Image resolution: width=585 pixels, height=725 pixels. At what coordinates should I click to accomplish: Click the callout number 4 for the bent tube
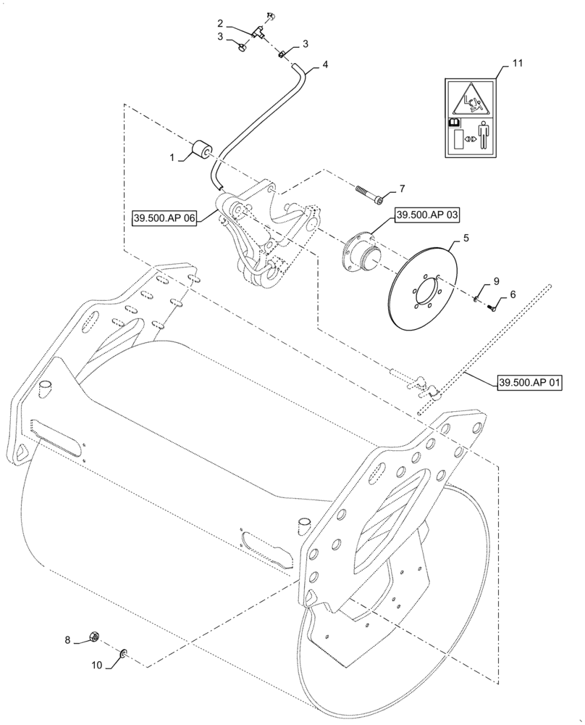[325, 65]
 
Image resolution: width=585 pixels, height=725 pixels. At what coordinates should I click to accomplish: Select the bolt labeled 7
[369, 194]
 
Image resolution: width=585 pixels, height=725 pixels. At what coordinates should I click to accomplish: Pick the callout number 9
[496, 281]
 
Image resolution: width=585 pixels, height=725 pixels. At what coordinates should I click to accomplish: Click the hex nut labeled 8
[93, 637]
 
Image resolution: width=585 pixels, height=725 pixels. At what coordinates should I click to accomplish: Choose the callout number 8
[68, 639]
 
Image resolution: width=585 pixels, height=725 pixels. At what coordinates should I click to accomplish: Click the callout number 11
[516, 64]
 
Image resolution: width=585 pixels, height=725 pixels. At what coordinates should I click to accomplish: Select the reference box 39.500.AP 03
[427, 215]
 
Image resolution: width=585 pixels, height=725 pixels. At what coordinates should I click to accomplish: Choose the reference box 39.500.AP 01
[529, 382]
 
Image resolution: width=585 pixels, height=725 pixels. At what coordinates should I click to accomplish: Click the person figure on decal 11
[484, 136]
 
